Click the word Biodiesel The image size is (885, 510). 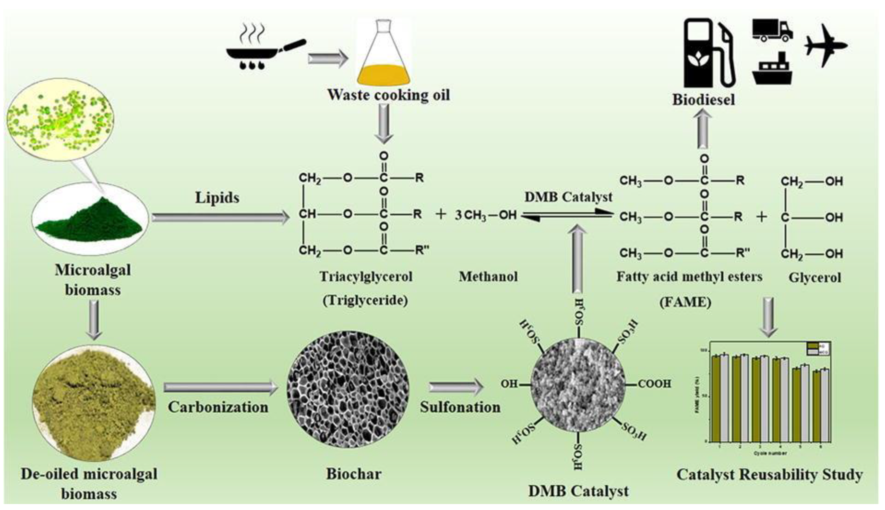703,100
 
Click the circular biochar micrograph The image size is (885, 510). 348,389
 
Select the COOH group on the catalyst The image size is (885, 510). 654,384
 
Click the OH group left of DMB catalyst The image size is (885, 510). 509,384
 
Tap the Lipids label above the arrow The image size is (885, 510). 217,198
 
